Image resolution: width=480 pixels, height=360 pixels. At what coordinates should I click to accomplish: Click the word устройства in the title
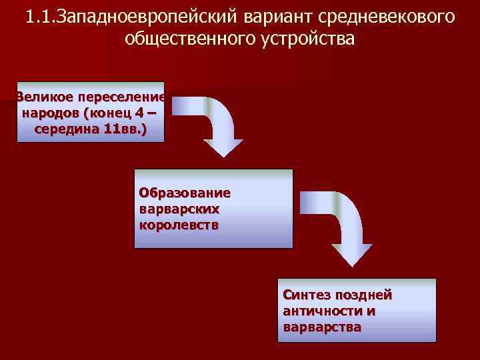tap(311, 39)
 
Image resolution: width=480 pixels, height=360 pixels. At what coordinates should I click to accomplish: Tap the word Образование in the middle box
tap(185, 193)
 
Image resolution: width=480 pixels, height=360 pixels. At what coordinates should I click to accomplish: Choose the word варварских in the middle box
tap(179, 209)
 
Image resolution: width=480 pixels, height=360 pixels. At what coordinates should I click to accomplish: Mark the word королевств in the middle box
tap(179, 225)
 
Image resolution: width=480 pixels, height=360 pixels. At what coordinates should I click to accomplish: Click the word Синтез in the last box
tap(305, 295)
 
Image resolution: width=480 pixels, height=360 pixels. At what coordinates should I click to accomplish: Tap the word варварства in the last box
tap(322, 327)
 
